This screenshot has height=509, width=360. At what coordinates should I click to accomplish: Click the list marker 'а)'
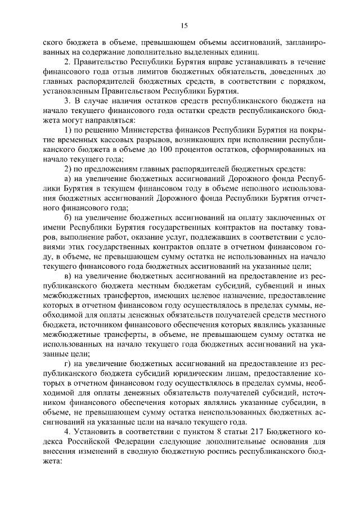click(x=68, y=179)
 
